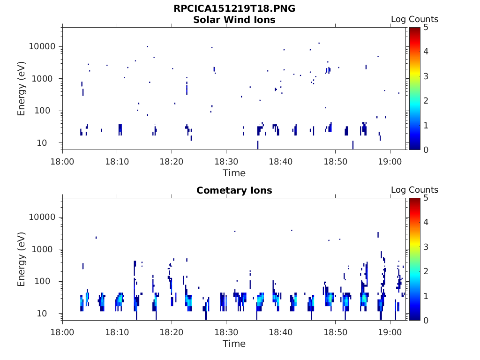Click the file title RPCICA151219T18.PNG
click(234, 8)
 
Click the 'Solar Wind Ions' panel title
click(234, 20)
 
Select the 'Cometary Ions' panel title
click(234, 190)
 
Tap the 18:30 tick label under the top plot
click(226, 161)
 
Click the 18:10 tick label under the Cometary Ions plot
click(117, 332)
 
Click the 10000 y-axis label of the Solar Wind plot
click(43, 46)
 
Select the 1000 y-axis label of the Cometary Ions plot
click(45, 249)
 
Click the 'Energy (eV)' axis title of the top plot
click(21, 89)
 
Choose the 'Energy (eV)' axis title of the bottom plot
click(21, 259)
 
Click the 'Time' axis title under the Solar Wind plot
click(234, 173)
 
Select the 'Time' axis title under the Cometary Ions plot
click(234, 344)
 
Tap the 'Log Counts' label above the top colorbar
click(414, 19)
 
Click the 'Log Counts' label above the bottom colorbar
click(414, 190)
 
